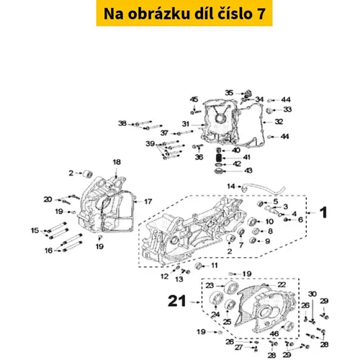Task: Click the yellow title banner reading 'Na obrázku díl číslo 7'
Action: (184, 13)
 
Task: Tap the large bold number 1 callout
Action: (324, 212)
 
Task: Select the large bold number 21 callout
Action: (177, 301)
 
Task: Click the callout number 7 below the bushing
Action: (241, 245)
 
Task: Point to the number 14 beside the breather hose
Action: (231, 186)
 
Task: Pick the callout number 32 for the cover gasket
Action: (279, 122)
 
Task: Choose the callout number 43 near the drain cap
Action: (248, 171)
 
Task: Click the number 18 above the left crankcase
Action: (117, 162)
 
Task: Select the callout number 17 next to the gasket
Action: (148, 202)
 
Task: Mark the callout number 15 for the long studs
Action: (35, 230)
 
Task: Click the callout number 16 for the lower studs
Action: (48, 251)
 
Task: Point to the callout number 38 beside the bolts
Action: (122, 123)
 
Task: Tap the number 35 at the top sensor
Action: (229, 93)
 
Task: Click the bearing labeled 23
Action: (230, 287)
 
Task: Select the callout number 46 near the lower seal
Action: (274, 333)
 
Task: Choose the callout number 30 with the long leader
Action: (312, 294)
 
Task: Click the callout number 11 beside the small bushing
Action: (215, 265)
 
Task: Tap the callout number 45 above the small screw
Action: (194, 99)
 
